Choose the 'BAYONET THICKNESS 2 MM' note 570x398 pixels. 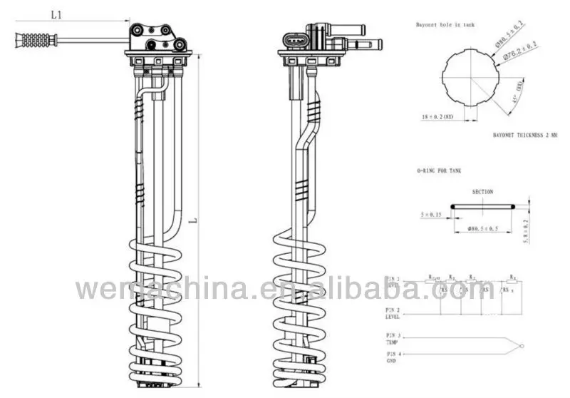[x=525, y=134]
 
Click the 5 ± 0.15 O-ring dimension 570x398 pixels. [x=432, y=214]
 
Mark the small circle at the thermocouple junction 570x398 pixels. [x=523, y=346]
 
